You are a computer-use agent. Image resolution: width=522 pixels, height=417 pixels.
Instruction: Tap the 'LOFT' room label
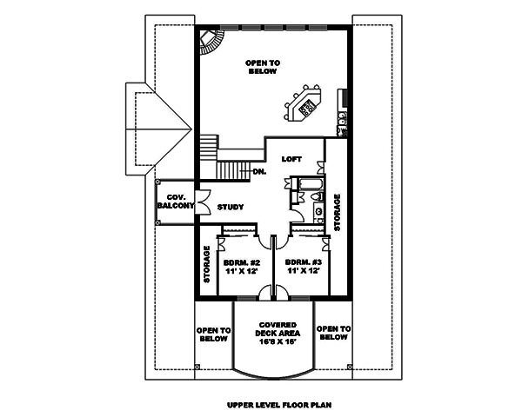(x=292, y=159)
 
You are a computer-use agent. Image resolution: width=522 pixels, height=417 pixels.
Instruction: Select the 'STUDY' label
(x=231, y=207)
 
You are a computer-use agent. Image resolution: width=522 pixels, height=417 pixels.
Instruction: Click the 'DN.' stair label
(x=259, y=172)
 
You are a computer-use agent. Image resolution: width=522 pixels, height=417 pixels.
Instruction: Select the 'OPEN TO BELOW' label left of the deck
(x=213, y=334)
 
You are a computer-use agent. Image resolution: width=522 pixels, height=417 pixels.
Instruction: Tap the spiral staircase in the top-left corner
(x=211, y=42)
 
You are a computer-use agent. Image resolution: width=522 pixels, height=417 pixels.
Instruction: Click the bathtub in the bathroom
(x=309, y=183)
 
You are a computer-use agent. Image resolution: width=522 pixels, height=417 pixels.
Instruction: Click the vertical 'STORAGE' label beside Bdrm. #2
(x=208, y=264)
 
